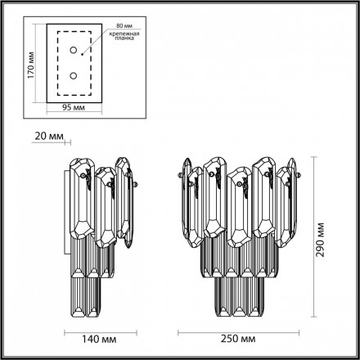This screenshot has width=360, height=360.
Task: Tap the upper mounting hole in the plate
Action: [74, 50]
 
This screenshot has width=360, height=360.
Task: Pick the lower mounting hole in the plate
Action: [74, 75]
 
